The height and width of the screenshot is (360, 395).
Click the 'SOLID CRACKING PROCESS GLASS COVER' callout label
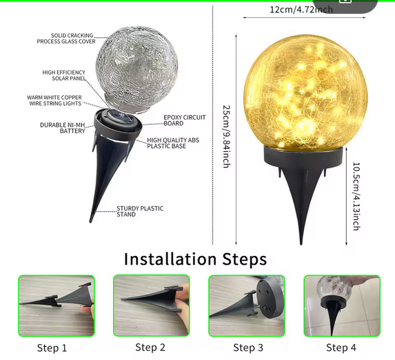(x=66, y=39)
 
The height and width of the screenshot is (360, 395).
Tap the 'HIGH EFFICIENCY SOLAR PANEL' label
(x=64, y=75)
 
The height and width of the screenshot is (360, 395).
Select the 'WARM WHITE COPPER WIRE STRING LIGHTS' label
(x=54, y=100)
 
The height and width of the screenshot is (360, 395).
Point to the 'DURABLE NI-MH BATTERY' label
(x=63, y=128)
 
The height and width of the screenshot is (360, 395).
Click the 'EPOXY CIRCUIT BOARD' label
(x=185, y=120)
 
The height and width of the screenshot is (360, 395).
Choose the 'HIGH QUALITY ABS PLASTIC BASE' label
(x=173, y=143)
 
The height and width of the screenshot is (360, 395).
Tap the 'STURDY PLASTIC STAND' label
(x=140, y=211)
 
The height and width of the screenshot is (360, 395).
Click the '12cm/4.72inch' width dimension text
(x=301, y=10)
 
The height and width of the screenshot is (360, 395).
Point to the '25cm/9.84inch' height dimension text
(x=227, y=137)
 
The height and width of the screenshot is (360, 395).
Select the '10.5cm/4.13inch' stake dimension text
(x=356, y=197)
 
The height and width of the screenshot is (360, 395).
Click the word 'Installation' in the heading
(x=170, y=259)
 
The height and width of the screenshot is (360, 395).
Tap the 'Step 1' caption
(x=52, y=348)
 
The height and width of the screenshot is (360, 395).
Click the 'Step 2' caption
(x=150, y=347)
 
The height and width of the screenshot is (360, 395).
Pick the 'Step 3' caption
(x=248, y=348)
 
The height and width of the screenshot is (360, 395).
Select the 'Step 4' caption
(x=341, y=348)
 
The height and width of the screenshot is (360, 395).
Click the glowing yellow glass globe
(x=305, y=92)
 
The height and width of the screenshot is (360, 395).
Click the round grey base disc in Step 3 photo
(x=271, y=299)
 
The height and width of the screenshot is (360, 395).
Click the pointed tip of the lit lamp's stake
(x=301, y=244)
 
